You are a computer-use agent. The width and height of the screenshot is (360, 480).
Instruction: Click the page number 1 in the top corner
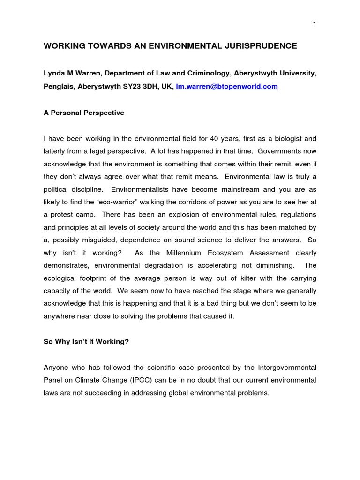tap(315, 25)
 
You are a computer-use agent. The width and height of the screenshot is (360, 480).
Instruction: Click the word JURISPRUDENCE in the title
tap(256, 46)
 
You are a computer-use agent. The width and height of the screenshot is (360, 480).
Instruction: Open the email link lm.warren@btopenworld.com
tap(227, 87)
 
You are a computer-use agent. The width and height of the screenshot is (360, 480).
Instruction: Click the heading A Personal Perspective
tap(84, 113)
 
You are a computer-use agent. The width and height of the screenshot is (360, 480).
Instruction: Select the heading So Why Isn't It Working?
tap(86, 342)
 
